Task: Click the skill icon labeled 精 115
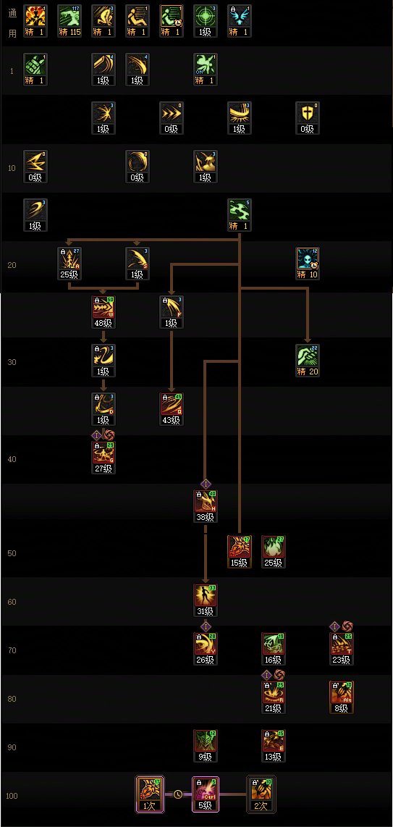69,15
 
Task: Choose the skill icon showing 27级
103,453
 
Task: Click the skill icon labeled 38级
206,501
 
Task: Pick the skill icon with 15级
239,547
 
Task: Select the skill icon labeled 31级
206,596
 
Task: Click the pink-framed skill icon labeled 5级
206,790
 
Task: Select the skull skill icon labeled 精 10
308,259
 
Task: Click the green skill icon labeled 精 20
308,356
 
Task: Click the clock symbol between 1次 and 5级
179,793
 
